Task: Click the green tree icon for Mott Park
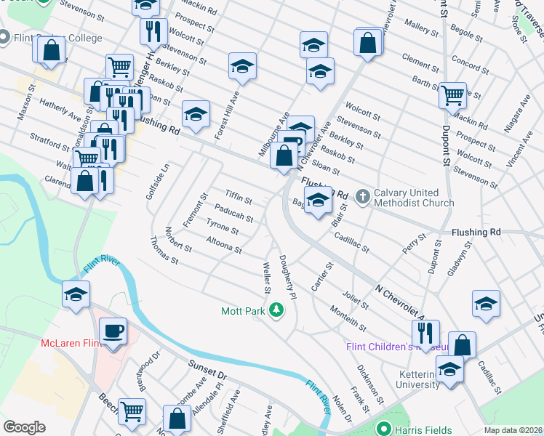tap(276, 311)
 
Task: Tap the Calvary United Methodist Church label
tap(414, 198)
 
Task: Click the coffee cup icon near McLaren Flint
tap(113, 331)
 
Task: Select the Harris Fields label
tap(423, 429)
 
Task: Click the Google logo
tap(24, 427)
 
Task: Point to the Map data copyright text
tap(513, 430)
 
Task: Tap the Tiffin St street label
tap(238, 196)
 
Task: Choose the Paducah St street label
tap(233, 214)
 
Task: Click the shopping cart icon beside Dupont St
tap(453, 94)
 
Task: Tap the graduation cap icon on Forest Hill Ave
tap(242, 67)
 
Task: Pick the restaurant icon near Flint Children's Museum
tap(425, 333)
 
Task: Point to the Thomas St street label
tap(164, 250)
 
